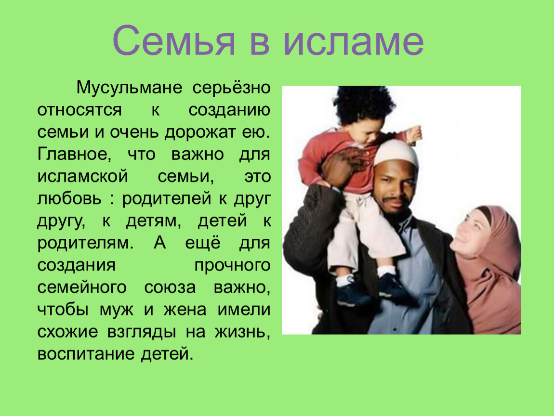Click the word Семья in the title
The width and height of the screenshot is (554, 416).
174,40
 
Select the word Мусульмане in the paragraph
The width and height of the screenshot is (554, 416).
129,88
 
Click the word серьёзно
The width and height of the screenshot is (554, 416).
231,88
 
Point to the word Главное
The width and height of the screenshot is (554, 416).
74,154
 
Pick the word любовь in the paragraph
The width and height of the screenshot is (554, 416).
69,198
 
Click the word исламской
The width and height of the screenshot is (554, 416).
83,176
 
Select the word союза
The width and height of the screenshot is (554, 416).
170,287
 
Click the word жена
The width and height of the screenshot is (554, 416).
185,310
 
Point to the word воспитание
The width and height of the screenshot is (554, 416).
86,354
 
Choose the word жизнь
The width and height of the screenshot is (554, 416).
242,332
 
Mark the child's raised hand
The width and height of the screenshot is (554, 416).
414,134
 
